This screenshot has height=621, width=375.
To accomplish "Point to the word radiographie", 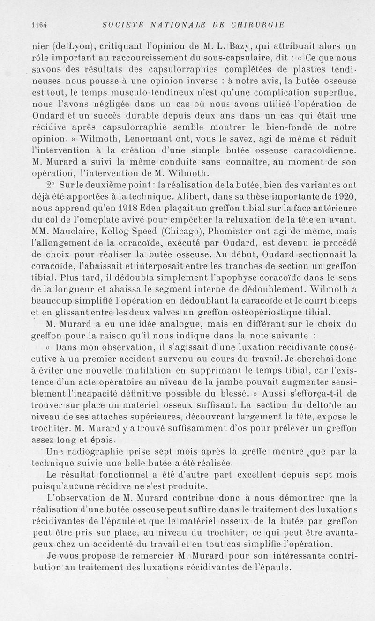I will (x=97, y=452).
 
